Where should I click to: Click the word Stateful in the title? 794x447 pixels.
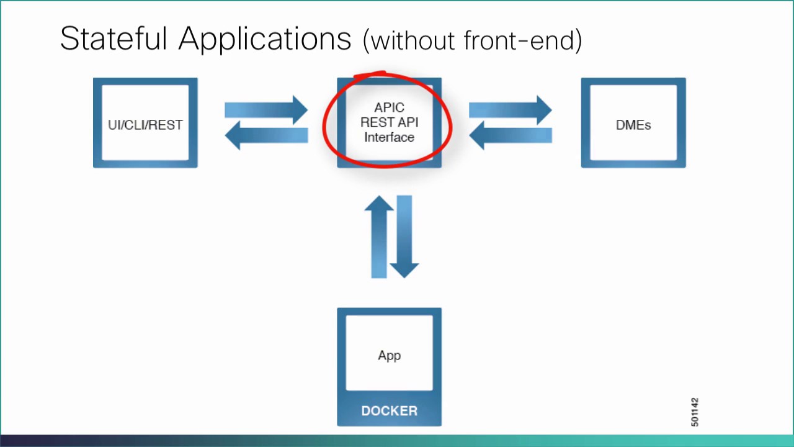tap(114, 38)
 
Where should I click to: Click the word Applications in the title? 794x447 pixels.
tap(265, 40)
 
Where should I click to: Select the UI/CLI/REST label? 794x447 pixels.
tap(145, 125)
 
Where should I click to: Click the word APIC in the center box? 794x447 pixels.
tap(389, 108)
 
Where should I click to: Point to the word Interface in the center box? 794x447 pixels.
tap(389, 137)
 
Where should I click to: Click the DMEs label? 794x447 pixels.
tap(633, 125)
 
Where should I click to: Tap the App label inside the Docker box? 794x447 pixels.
tap(389, 355)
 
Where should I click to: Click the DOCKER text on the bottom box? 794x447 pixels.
tap(389, 411)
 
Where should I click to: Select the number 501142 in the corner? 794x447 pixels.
tap(694, 412)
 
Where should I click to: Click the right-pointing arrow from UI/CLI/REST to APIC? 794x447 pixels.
tap(267, 110)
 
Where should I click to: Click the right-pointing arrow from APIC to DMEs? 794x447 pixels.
tap(511, 110)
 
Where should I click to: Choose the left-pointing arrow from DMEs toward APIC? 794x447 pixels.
tap(510, 135)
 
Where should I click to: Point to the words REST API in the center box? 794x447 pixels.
tap(389, 122)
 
